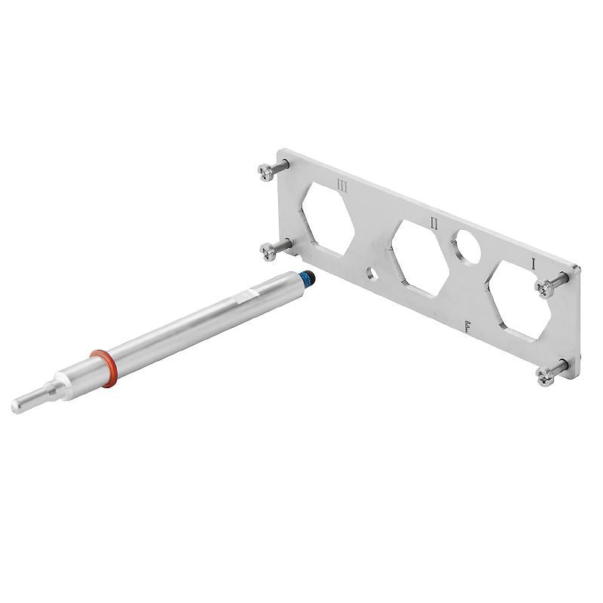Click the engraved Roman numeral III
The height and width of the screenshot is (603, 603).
click(x=341, y=187)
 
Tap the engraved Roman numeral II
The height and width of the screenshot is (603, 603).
click(x=434, y=223)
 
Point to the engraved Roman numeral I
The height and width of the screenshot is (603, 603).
click(x=534, y=264)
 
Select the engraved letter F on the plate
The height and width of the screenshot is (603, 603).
click(x=467, y=326)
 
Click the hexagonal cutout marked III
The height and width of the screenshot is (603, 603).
click(x=328, y=219)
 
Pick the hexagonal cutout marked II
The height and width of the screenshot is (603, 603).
click(x=420, y=259)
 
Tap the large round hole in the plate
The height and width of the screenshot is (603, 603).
click(x=466, y=247)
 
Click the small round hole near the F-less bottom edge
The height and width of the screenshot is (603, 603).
click(x=372, y=274)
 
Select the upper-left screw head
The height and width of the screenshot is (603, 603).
click(x=266, y=173)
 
